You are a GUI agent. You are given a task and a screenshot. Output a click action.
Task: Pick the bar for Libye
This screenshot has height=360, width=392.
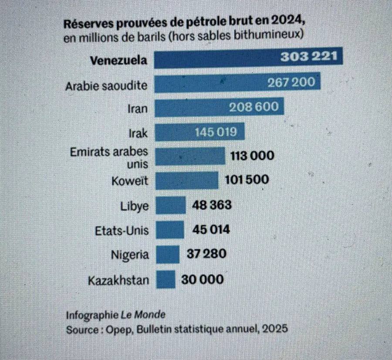coord(170,205)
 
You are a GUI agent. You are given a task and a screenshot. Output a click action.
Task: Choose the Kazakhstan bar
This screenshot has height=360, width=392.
coord(165,279)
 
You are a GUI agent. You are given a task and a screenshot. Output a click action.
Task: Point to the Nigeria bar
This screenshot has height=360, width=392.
coord(167,255)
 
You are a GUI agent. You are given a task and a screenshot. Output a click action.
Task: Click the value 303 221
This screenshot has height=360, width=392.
coord(309,58)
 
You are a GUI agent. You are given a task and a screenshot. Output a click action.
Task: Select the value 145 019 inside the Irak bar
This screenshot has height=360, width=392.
coord(216,132)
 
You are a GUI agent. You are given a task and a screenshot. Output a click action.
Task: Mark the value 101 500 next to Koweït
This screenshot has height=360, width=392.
coord(247,179)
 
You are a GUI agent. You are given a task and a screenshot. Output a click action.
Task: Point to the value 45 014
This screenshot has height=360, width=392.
coord(211,229)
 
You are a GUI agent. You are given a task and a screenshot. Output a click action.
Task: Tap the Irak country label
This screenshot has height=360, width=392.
coord(139,132)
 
